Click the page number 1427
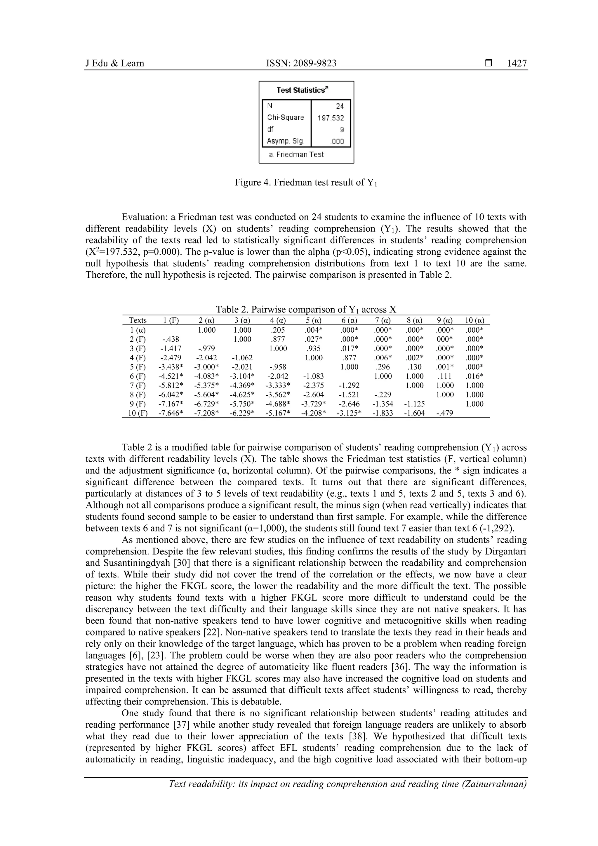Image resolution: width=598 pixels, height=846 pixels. pyautogui.click(x=517, y=63)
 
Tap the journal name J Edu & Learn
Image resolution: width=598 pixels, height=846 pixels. pyautogui.click(x=114, y=63)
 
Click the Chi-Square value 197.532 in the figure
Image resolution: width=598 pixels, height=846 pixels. pyautogui.click(x=331, y=118)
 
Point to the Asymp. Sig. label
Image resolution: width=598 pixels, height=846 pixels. pyautogui.click(x=286, y=141)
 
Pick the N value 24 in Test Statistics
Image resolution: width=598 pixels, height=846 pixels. pyautogui.click(x=339, y=106)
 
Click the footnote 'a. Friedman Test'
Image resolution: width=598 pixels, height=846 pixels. pyautogui.click(x=296, y=155)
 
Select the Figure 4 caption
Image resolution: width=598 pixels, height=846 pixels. pyautogui.click(x=305, y=183)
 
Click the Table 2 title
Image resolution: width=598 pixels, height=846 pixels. pyautogui.click(x=305, y=310)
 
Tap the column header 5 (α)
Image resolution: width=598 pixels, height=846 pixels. pyautogui.click(x=313, y=321)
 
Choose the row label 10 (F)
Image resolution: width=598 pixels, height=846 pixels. pyautogui.click(x=138, y=413)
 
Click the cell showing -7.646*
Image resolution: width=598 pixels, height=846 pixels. pyautogui.click(x=171, y=413)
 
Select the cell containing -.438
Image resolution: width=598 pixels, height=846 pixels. pyautogui.click(x=171, y=339)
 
